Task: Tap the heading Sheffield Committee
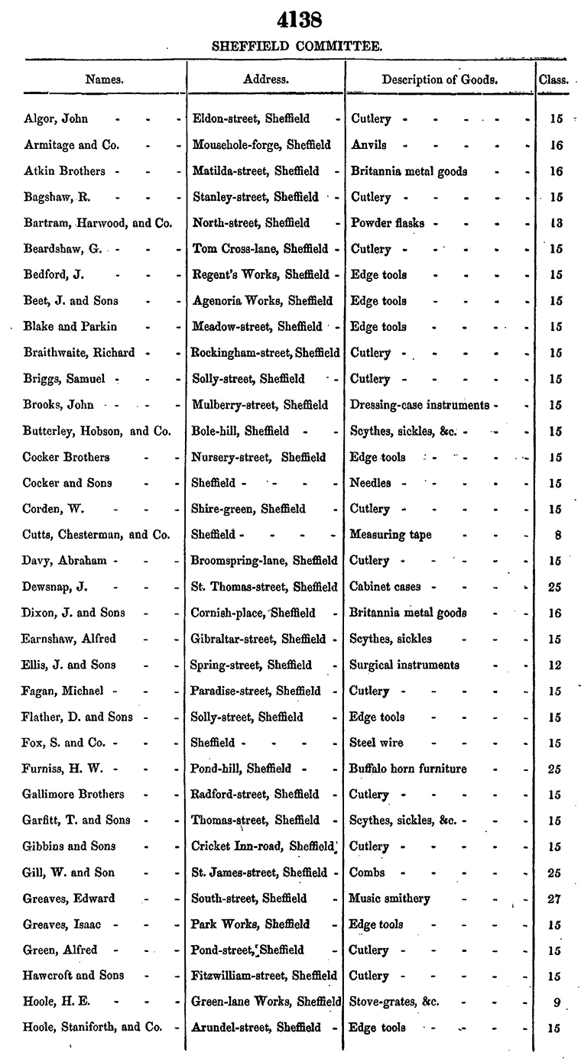point(297,47)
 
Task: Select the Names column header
point(105,79)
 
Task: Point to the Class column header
point(553,79)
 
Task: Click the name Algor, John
point(56,118)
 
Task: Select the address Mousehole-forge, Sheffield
point(261,144)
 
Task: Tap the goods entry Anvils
point(368,144)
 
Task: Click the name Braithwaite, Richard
point(80,352)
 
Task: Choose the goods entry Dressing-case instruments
point(420,404)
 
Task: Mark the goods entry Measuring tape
point(390,534)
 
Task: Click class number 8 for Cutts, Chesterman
point(558,535)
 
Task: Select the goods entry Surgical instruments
point(404,664)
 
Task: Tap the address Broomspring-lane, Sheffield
point(265,560)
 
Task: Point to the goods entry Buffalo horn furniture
point(407,768)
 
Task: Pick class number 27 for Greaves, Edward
point(555,899)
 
